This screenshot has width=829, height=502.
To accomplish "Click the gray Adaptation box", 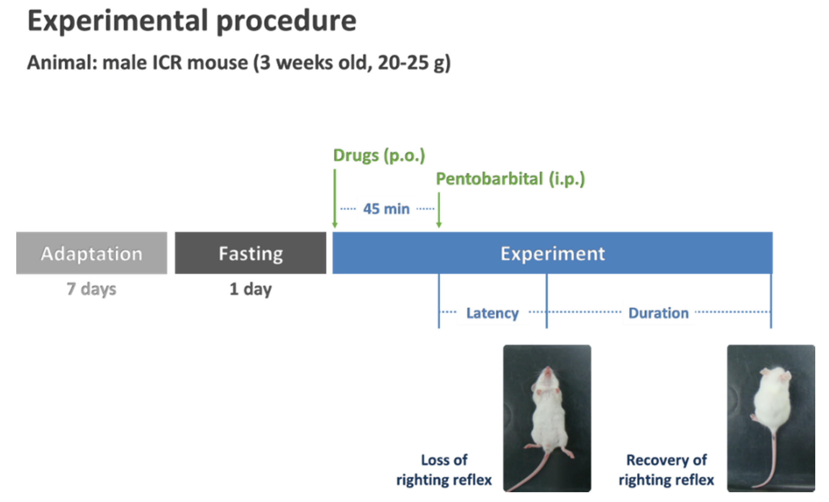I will coord(91,253).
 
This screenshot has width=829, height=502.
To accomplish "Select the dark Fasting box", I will coord(250,253).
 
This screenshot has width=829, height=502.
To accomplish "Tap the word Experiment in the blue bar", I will coord(552,254).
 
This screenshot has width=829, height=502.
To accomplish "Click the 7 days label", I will coord(91,289).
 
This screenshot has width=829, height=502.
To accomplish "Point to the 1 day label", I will coord(250,289).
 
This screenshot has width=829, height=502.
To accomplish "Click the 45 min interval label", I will coord(386,209).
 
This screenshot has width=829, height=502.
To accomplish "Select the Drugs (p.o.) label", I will coord(379,155).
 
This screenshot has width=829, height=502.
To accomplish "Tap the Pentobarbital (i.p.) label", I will coord(510,179).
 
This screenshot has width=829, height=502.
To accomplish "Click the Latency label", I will coord(492,313).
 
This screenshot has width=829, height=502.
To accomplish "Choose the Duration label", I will coord(659,313).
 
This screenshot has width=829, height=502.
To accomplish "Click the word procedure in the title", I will coord(286,21).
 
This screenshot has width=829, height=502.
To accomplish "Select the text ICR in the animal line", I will coord(167,62).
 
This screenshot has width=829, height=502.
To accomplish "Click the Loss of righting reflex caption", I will coord(444,470).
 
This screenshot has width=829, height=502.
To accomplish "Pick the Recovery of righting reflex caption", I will coord(666,470).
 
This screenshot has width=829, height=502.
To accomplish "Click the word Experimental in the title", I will coord(118,21).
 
